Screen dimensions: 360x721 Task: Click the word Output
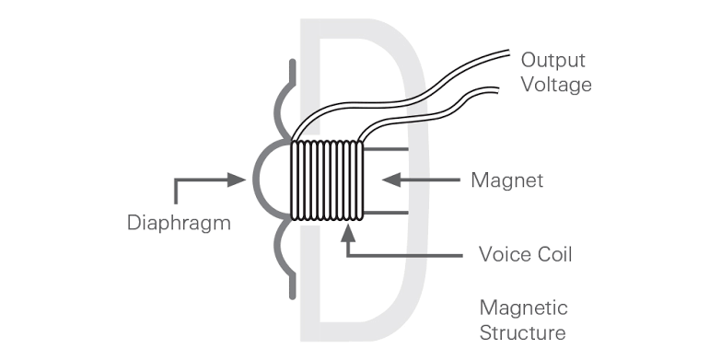click(553, 61)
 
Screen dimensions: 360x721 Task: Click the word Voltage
click(555, 85)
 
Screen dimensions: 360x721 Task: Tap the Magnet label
click(506, 180)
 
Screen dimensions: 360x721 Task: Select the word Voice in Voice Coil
click(505, 254)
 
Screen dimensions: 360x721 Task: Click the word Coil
click(554, 254)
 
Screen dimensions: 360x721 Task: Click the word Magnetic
click(523, 308)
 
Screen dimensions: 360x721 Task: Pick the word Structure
click(523, 331)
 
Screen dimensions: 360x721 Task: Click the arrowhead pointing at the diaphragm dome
click(241, 180)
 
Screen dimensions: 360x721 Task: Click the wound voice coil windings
click(328, 180)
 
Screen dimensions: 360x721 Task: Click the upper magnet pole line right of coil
click(387, 148)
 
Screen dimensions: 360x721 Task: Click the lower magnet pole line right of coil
click(387, 214)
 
